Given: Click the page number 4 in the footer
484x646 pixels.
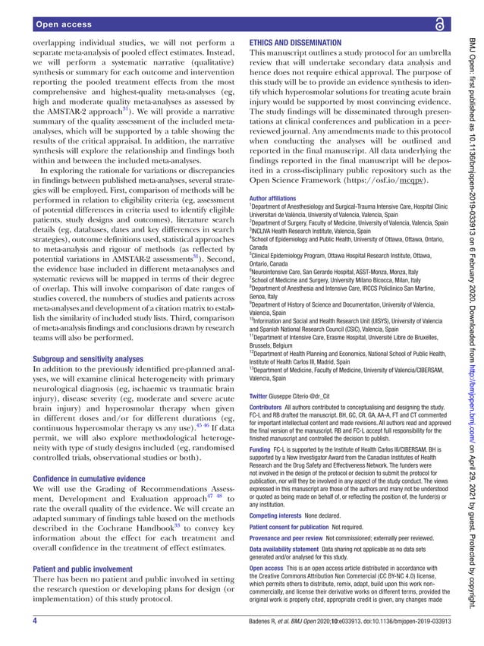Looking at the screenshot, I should [35, 622].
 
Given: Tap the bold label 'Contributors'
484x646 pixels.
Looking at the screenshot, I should [270, 408].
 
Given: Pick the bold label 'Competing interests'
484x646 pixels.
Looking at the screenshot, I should [280, 537].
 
